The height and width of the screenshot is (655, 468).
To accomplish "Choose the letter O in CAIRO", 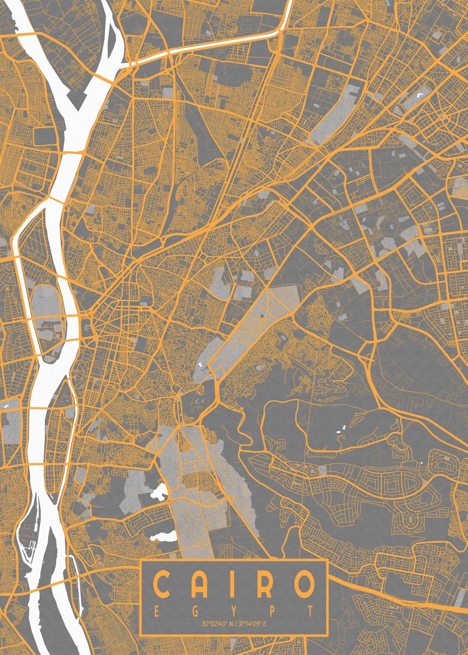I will coord(302,585).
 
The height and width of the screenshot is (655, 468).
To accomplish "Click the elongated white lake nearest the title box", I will coord(164,536).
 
